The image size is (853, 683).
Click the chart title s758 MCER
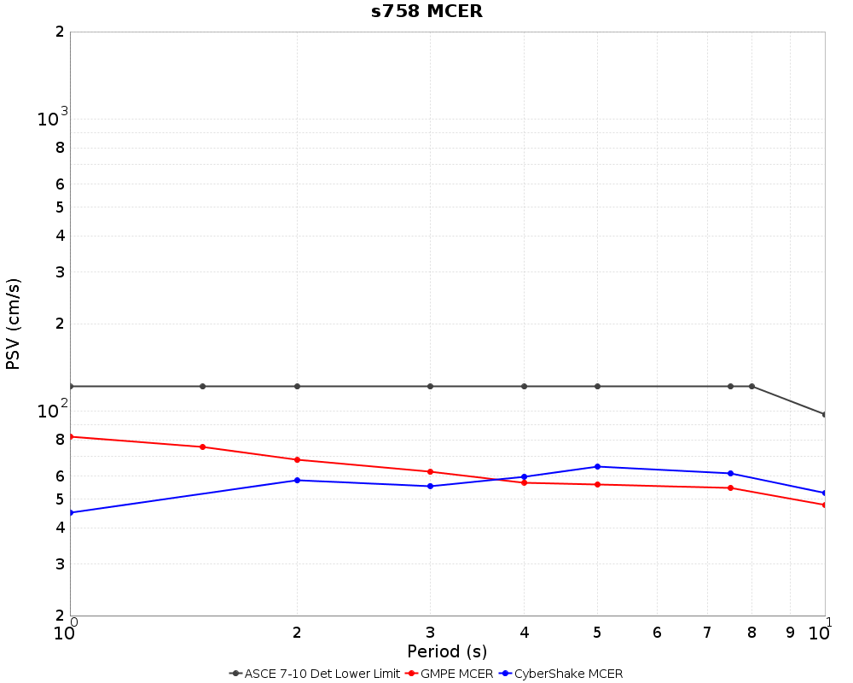click(x=426, y=12)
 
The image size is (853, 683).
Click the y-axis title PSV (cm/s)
click(x=13, y=324)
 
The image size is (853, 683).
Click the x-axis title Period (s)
click(x=447, y=651)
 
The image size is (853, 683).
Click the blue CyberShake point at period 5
click(x=597, y=466)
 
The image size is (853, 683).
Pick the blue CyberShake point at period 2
click(x=297, y=480)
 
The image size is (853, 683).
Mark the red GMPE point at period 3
click(x=430, y=471)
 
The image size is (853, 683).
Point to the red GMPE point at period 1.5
click(x=202, y=447)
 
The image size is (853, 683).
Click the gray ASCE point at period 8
click(x=751, y=386)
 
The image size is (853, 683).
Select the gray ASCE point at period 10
click(x=825, y=414)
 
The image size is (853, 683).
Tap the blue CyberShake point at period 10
click(x=825, y=493)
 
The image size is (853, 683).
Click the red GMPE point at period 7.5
click(x=730, y=487)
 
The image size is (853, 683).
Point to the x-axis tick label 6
click(x=657, y=633)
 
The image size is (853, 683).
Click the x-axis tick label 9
click(x=790, y=633)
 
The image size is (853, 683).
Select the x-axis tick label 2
click(x=297, y=633)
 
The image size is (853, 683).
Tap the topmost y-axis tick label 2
click(x=60, y=32)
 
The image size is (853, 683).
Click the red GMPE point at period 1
click(x=71, y=436)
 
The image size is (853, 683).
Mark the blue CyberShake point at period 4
click(x=524, y=476)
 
